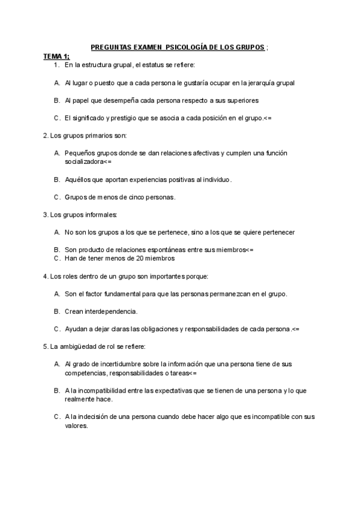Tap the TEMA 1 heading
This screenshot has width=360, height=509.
(x=56, y=56)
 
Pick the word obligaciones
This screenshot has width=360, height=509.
(x=157, y=329)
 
